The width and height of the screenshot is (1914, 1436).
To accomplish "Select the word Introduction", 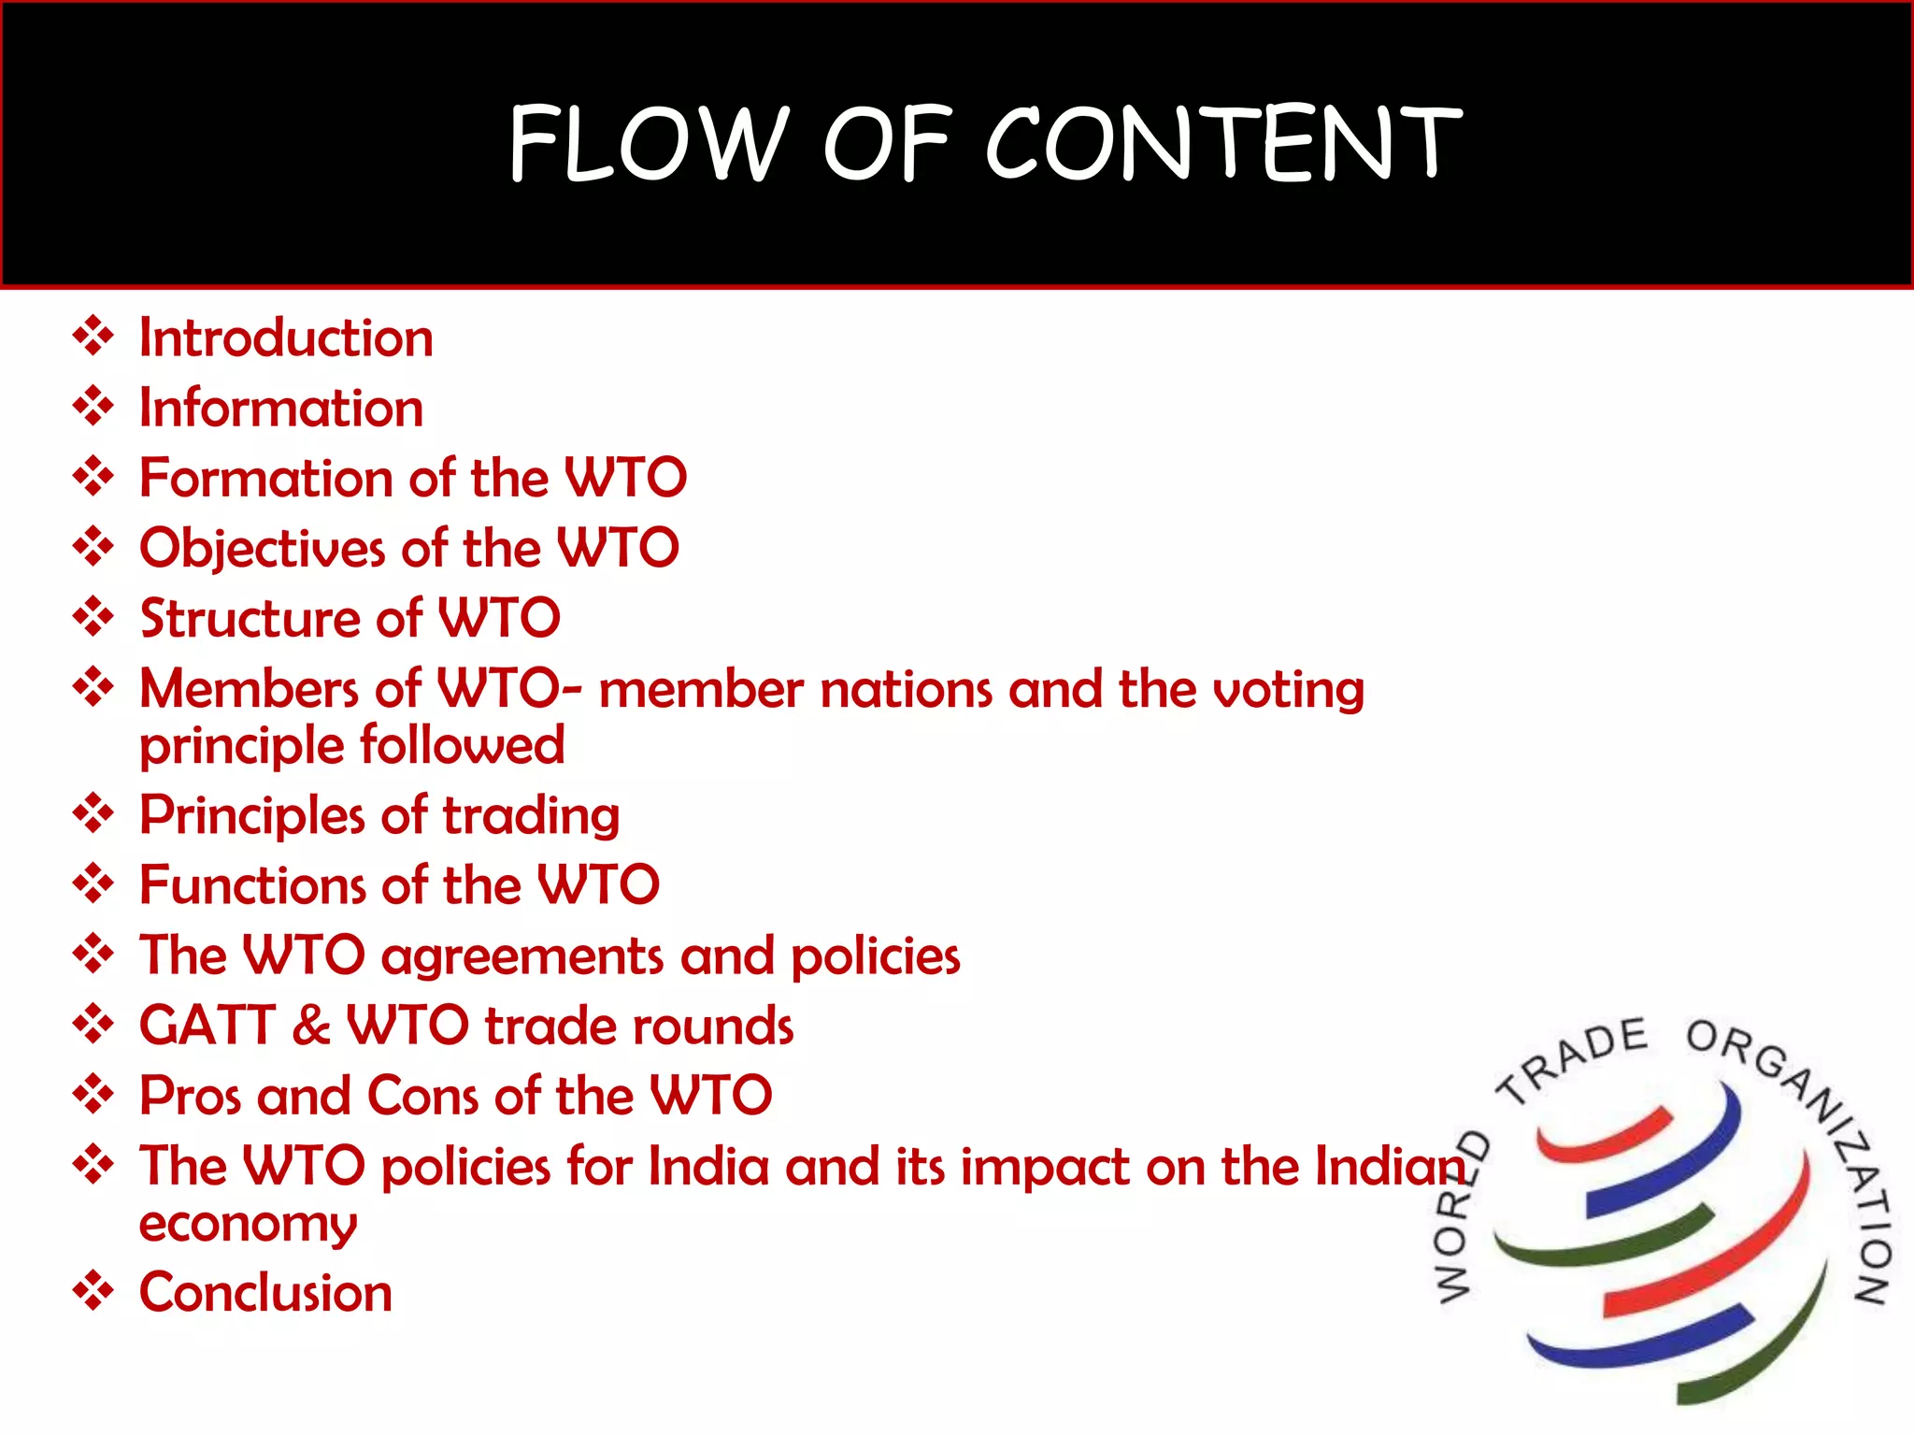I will click(286, 337).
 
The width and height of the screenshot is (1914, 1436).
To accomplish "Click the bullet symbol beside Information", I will click(93, 407).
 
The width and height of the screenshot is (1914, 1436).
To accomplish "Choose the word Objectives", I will click(262, 549).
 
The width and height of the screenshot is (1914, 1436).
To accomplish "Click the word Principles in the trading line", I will click(251, 816).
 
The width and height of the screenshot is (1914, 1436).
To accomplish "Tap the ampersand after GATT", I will click(311, 1026).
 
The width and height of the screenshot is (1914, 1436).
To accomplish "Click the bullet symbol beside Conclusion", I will click(93, 1291).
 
